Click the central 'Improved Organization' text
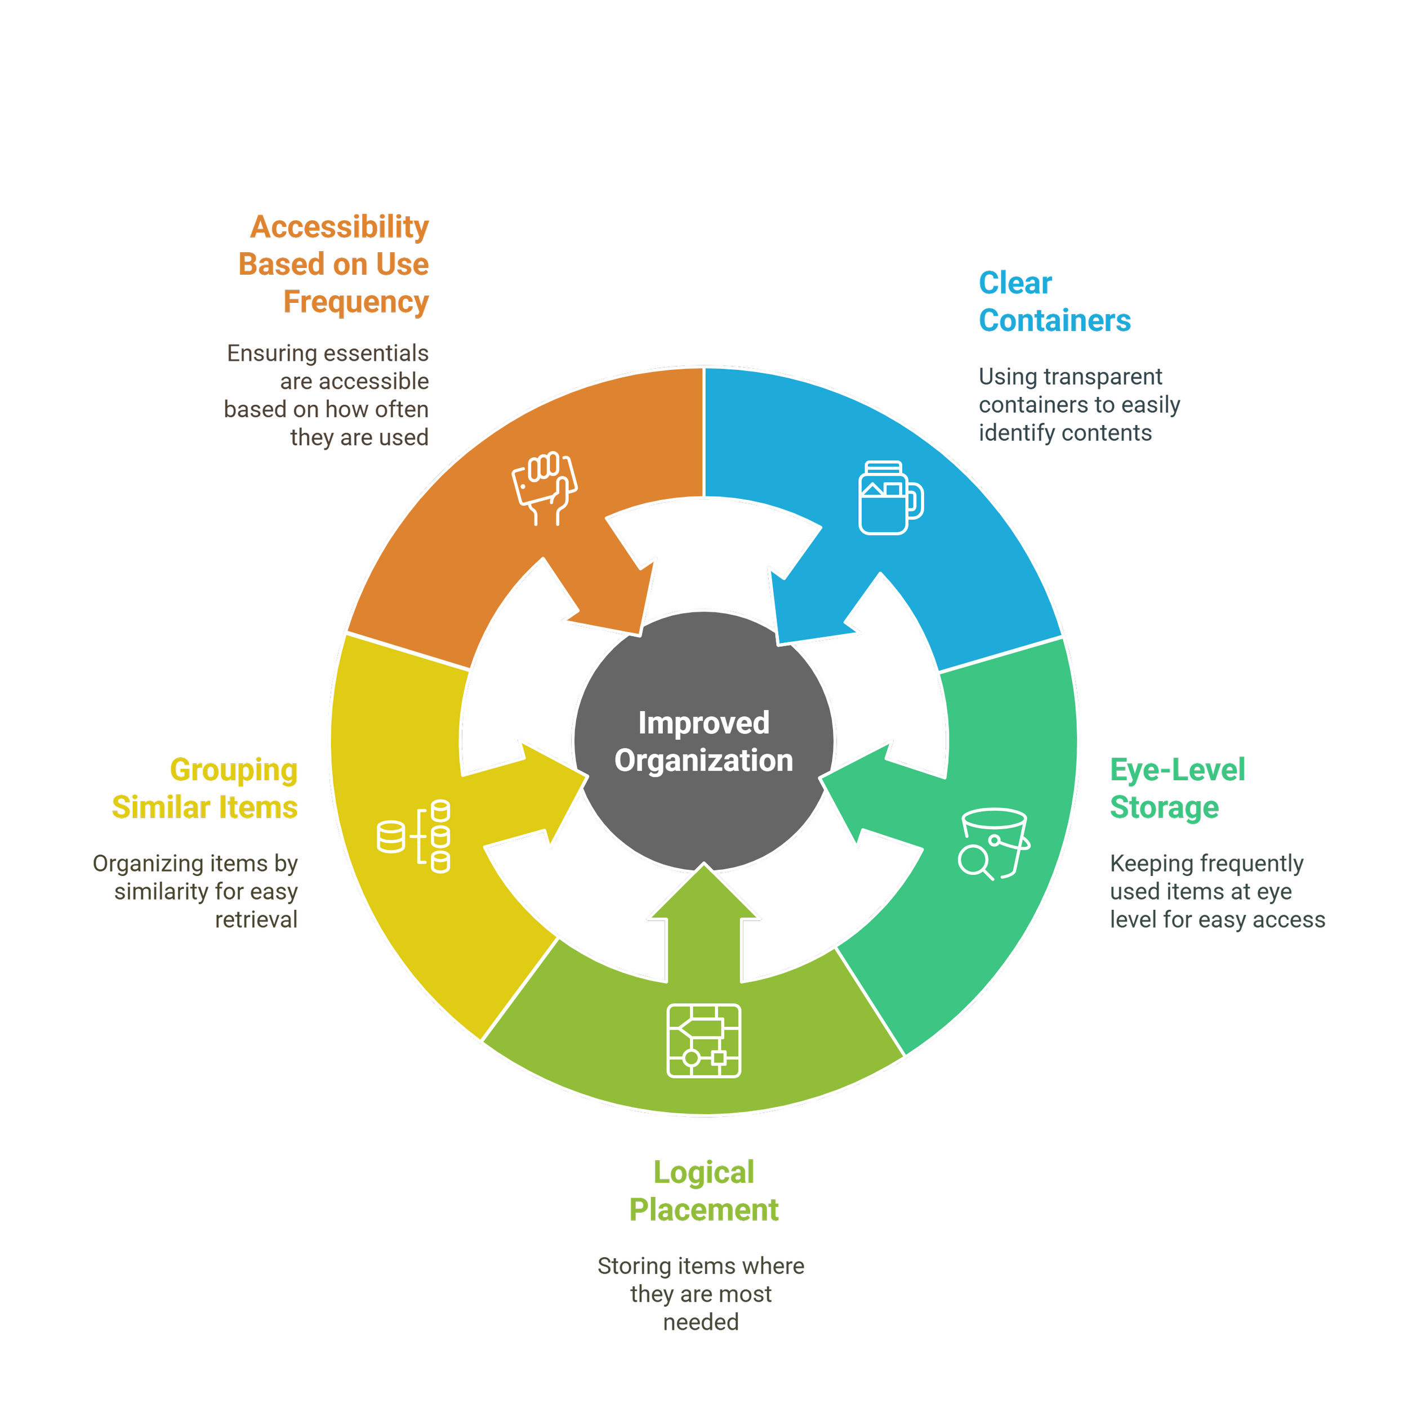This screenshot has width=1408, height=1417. coord(703,741)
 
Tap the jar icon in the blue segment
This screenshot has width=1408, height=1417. coord(890,498)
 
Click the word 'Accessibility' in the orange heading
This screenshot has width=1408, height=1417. coord(340,227)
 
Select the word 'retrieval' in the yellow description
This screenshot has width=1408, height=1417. coord(256,920)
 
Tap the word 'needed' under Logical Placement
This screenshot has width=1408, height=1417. coord(700,1322)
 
